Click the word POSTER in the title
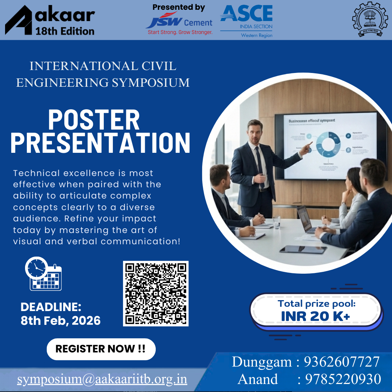(x=94, y=120)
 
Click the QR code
(x=156, y=293)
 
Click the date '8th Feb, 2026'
(x=61, y=321)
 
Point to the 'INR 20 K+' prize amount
(x=315, y=316)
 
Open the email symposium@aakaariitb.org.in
(x=102, y=379)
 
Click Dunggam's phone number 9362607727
(x=342, y=362)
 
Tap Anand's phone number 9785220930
(x=343, y=379)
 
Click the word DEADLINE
(x=51, y=307)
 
